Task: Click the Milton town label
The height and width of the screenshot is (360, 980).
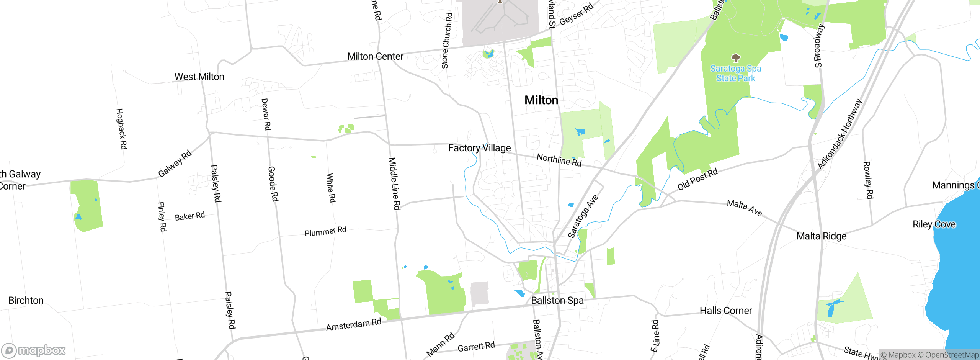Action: point(541,100)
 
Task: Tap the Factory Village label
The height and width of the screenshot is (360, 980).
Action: point(479,148)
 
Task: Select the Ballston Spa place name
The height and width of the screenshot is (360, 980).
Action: point(557,301)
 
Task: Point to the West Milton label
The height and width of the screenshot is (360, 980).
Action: point(199,77)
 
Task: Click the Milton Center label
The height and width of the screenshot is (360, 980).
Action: point(375,57)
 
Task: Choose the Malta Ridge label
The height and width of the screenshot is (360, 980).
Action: point(821,236)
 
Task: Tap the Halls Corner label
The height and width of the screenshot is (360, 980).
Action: point(725,311)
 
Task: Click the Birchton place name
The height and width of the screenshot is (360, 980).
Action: point(26,301)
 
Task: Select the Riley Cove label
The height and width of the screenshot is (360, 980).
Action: point(934,224)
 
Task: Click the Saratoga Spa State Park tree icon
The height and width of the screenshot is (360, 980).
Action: point(735,58)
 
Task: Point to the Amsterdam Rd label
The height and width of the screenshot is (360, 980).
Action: point(353,325)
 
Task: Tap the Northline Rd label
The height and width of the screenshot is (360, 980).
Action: point(559,160)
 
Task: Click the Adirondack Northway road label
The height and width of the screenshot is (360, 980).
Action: point(840,134)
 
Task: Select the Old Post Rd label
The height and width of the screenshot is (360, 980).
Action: point(697,179)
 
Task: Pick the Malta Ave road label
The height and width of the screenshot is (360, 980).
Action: point(744,208)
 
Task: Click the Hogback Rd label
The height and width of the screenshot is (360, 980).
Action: point(121,129)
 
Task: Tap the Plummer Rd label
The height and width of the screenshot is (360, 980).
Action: point(325,232)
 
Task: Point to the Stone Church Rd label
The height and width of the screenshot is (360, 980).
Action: point(447,41)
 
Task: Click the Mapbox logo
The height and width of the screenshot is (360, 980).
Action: point(34,350)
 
